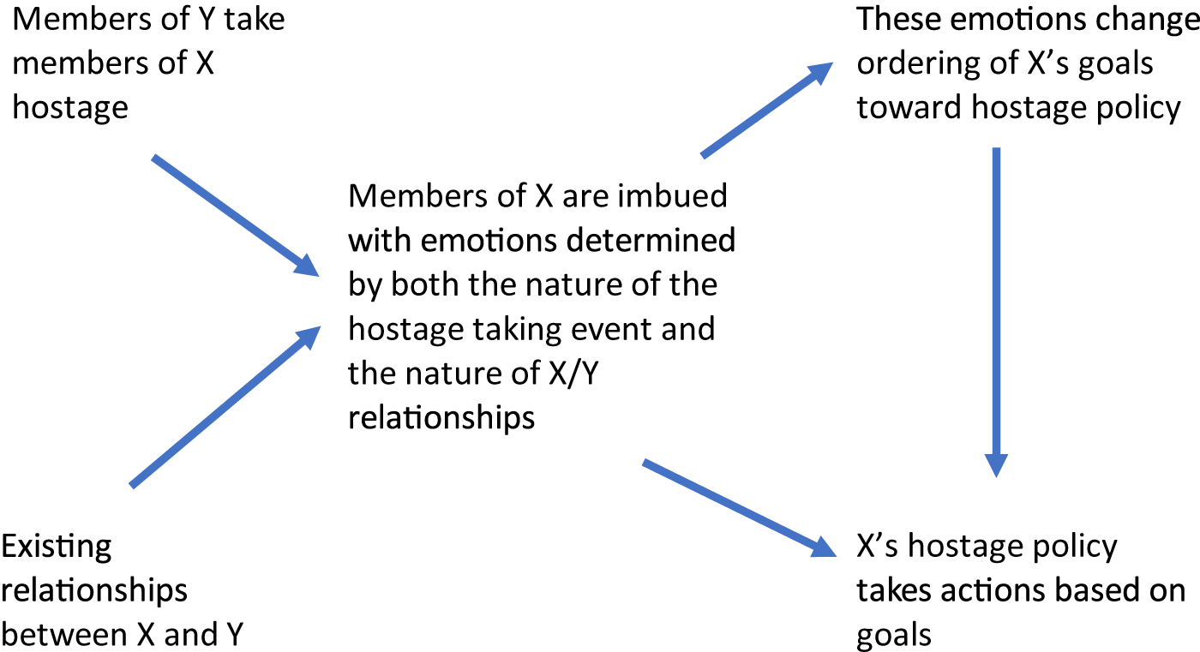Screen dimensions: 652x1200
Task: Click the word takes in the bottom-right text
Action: click(x=897, y=591)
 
